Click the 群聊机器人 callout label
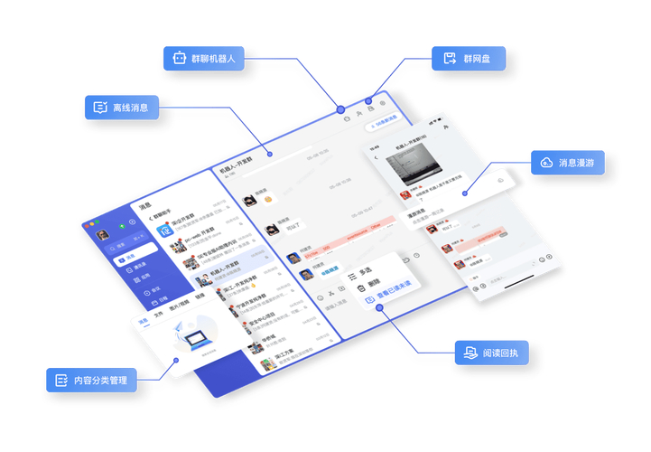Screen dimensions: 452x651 click(209, 58)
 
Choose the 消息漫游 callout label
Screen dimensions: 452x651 click(568, 163)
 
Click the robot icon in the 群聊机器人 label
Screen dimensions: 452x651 click(176, 58)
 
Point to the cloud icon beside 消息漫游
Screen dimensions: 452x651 click(546, 163)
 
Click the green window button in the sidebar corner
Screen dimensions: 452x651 click(122, 224)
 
